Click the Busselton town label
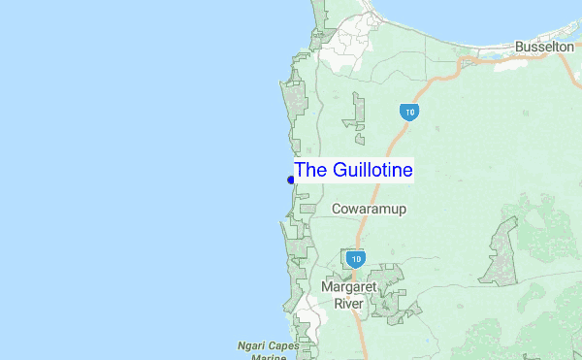544,47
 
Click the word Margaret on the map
348,288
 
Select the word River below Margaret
348,304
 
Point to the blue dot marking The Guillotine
291,180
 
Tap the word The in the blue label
311,171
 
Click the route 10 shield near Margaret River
356,259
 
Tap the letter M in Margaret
328,288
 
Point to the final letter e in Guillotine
408,172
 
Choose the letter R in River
337,304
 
